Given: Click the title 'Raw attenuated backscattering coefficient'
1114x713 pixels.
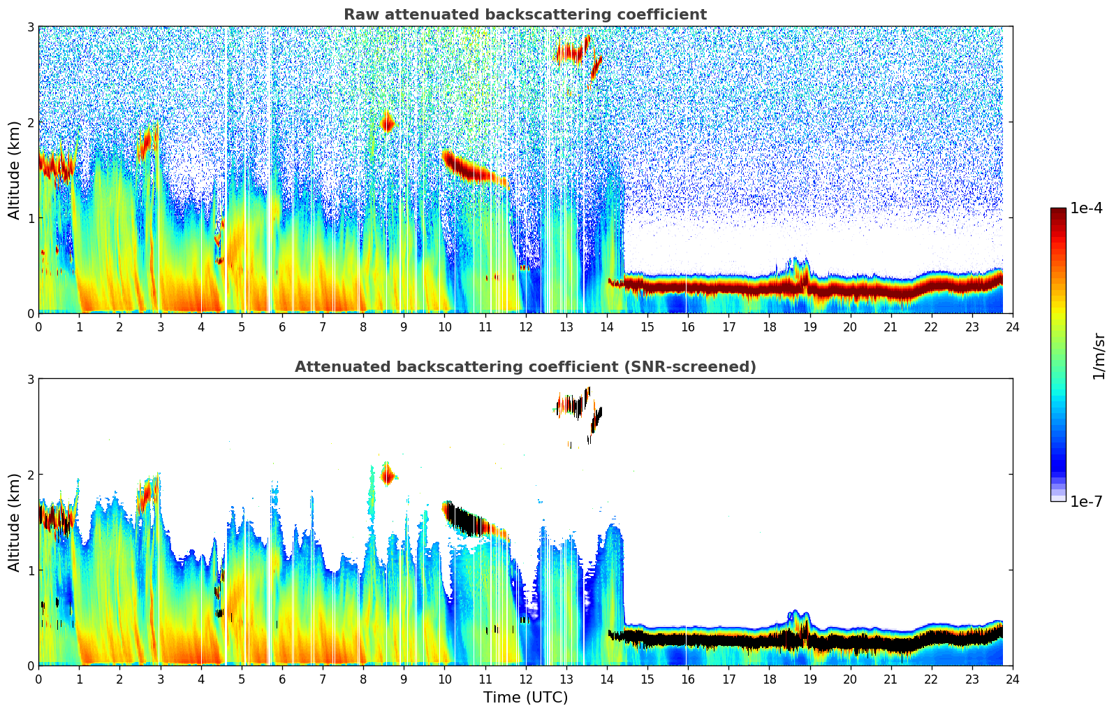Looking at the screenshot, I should pos(525,15).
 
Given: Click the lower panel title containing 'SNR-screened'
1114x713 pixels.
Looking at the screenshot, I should pos(525,367).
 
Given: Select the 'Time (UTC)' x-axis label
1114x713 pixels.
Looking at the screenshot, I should pos(525,698).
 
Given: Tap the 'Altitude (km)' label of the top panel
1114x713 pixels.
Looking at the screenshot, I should pos(15,170).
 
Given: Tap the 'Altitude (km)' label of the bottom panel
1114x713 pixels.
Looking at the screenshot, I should pos(15,522).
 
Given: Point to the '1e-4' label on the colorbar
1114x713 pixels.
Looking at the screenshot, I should pos(1086,208).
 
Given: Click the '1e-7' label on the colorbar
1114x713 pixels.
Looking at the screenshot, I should pos(1086,502).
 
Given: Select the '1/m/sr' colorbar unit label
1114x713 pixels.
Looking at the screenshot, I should pos(1099,356).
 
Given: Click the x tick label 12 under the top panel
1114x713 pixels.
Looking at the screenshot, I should pos(525,327).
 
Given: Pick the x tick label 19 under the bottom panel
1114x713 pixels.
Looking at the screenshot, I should pos(809,679).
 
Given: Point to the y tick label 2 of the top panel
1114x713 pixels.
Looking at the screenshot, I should pos(31,122).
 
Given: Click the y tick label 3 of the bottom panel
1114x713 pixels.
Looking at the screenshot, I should pos(31,379).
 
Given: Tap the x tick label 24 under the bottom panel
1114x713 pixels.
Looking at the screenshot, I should pos(1012,679).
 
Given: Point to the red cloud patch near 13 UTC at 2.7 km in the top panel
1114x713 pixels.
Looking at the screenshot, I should pos(570,52).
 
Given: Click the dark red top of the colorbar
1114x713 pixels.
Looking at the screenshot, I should pos(1058,212).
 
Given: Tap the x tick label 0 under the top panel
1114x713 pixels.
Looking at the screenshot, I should pos(38,327).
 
